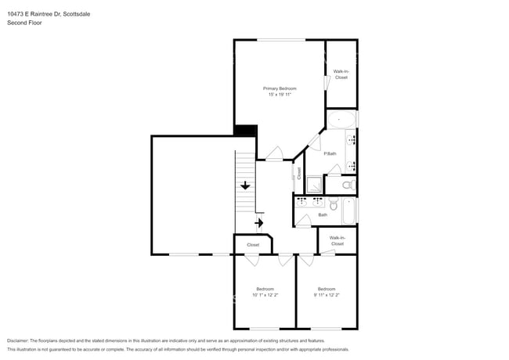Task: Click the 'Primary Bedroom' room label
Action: click(x=280, y=88)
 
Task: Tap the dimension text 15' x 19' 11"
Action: click(x=280, y=95)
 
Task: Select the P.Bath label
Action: click(x=330, y=153)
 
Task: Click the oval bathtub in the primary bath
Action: click(x=341, y=121)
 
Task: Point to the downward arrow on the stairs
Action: click(x=245, y=185)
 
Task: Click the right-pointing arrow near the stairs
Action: click(x=259, y=223)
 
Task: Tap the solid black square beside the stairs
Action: click(x=246, y=131)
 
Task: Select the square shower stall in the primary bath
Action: click(x=313, y=185)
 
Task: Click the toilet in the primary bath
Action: click(x=348, y=185)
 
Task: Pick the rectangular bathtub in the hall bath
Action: click(x=348, y=211)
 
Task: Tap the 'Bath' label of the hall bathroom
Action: click(x=323, y=215)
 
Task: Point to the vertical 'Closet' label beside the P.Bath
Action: click(x=298, y=173)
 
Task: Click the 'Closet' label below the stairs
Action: click(x=253, y=245)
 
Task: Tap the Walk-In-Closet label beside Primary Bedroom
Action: click(x=341, y=74)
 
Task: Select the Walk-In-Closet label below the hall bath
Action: click(x=337, y=240)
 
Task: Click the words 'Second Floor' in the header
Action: click(x=24, y=23)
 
